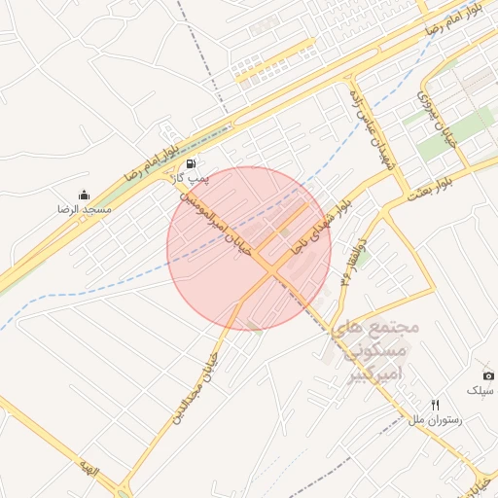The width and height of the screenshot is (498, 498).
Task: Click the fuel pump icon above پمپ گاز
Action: pyautogui.click(x=192, y=163)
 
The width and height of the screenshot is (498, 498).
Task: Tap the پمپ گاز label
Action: pyautogui.click(x=191, y=178)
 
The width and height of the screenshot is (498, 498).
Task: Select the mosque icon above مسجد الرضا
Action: pyautogui.click(x=84, y=195)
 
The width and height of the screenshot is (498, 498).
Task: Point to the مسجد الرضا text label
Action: pyautogui.click(x=84, y=209)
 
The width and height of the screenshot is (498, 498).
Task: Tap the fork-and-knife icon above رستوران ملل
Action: pyautogui.click(x=435, y=405)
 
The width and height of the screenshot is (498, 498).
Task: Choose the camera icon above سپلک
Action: pyautogui.click(x=487, y=375)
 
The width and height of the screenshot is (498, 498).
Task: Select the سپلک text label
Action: pyautogui.click(x=480, y=390)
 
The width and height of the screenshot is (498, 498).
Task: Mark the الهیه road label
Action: pyautogui.click(x=90, y=472)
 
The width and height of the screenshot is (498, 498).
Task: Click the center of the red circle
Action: pyautogui.click(x=249, y=248)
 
